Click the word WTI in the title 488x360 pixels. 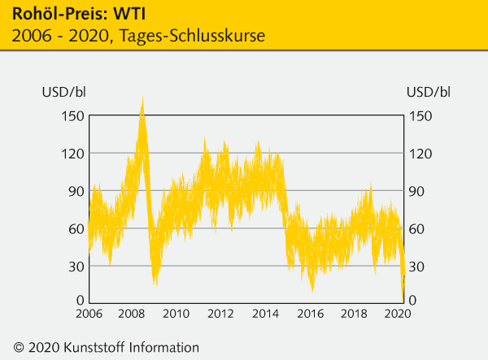132,15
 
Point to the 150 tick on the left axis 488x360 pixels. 72,115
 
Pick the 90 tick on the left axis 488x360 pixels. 75,191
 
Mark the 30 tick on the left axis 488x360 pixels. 75,266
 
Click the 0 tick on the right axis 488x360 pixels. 414,301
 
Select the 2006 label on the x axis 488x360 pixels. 89,314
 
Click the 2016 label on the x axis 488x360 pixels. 311,314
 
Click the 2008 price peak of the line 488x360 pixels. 142,99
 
